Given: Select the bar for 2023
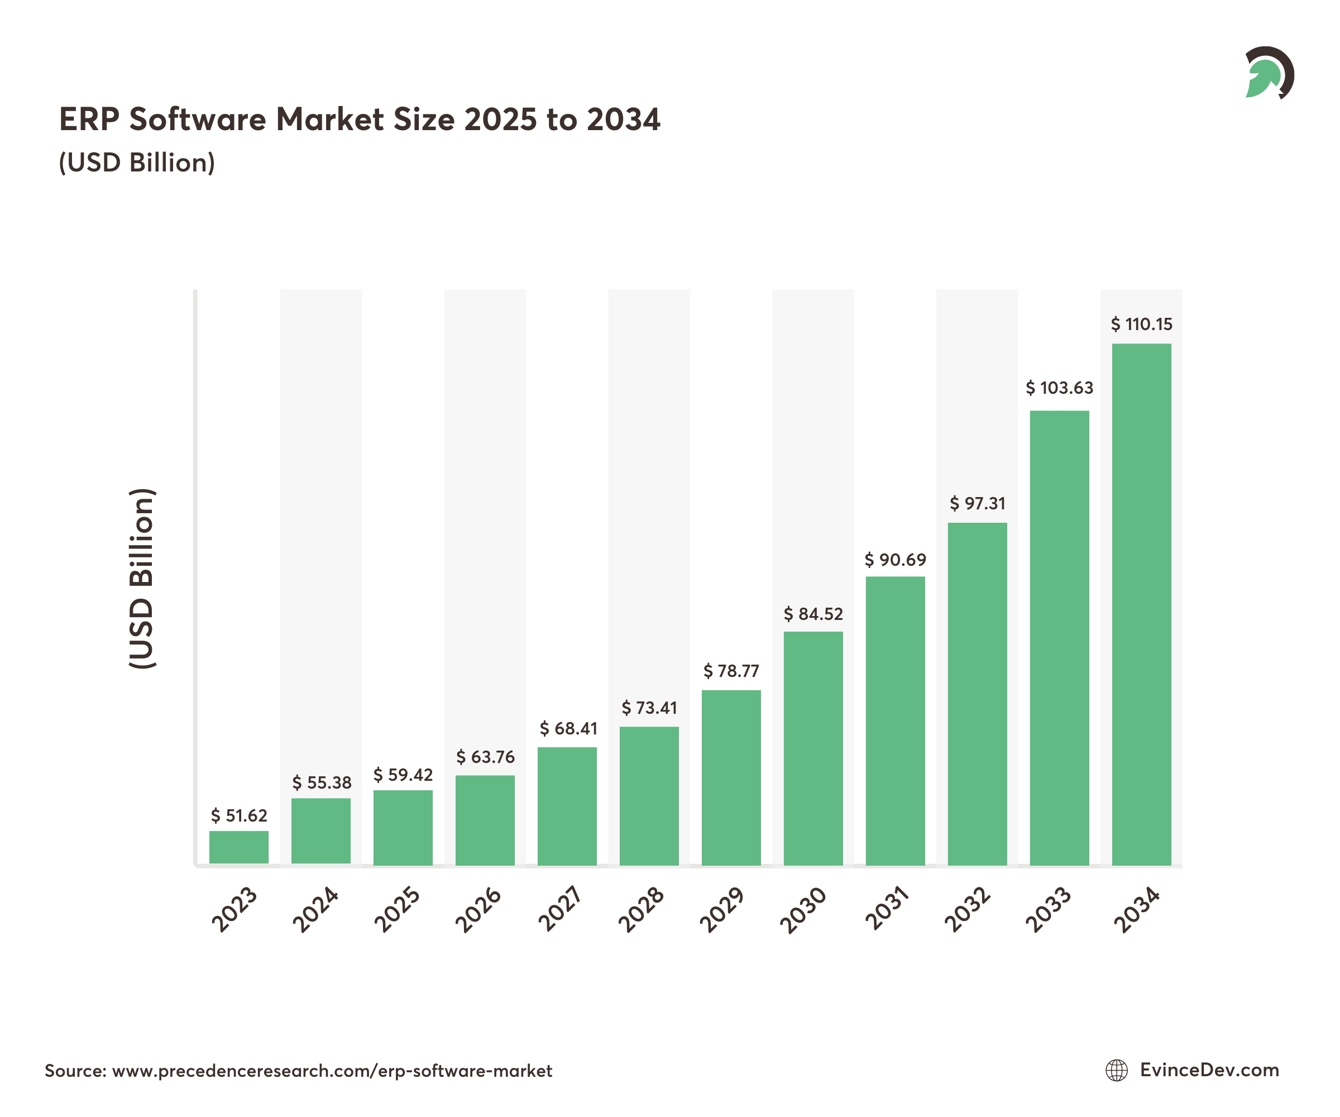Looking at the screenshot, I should [x=238, y=848].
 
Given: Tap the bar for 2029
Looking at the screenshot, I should [x=731, y=777].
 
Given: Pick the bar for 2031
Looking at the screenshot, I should [x=894, y=721].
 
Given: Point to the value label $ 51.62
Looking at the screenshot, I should [x=238, y=816].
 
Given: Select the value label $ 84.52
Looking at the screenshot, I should [x=813, y=614].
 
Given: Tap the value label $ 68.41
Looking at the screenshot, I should [x=568, y=728].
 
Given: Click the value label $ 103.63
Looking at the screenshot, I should [x=1059, y=388].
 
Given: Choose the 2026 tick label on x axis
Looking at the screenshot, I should [x=478, y=910].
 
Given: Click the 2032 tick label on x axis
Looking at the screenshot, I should [x=968, y=910].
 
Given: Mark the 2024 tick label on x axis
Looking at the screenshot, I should [x=315, y=910].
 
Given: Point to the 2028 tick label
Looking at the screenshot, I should [x=642, y=910].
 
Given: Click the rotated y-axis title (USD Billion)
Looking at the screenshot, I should [x=142, y=578].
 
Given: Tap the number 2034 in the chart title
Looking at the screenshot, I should [x=624, y=120].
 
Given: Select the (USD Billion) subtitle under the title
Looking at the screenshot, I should [x=137, y=163].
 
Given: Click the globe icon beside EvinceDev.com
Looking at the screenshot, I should [x=1117, y=1071].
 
